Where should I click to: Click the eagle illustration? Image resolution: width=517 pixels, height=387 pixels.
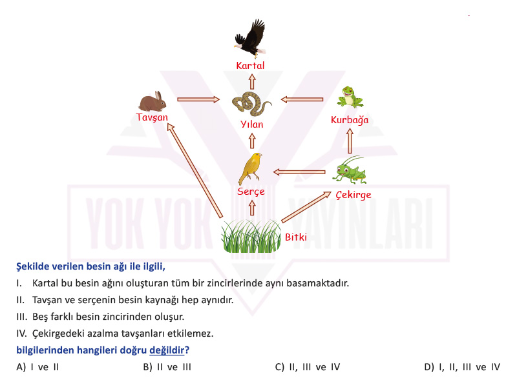250,38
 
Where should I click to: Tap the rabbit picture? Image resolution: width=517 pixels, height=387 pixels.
153,101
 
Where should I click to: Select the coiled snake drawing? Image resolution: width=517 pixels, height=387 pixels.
251,103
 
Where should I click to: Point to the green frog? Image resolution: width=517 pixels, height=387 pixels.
350,97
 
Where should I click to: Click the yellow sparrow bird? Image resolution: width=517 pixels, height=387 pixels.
250,168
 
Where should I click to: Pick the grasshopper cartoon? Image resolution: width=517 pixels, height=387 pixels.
350,170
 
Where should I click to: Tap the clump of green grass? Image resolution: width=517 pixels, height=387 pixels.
251,236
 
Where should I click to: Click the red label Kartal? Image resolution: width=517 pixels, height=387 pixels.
250,66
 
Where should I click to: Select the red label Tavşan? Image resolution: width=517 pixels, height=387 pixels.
152,117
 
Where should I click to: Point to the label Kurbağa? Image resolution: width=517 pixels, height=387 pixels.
350,120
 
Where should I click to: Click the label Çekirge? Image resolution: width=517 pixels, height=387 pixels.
353,195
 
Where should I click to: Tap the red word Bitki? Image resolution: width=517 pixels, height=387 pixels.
296,237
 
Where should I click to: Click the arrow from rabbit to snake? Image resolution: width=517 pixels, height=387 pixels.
198,99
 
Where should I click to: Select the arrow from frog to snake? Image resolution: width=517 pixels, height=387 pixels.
302,99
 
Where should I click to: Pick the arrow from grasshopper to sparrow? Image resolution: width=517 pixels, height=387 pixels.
299,172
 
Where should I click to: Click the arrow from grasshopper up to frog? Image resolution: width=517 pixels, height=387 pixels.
350,141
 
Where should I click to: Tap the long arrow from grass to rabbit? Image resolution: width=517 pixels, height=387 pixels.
195,170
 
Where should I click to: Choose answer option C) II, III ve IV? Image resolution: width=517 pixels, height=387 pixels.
308,367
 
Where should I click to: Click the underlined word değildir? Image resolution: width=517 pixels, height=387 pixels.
167,350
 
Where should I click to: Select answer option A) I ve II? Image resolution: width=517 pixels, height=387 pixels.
37,367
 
